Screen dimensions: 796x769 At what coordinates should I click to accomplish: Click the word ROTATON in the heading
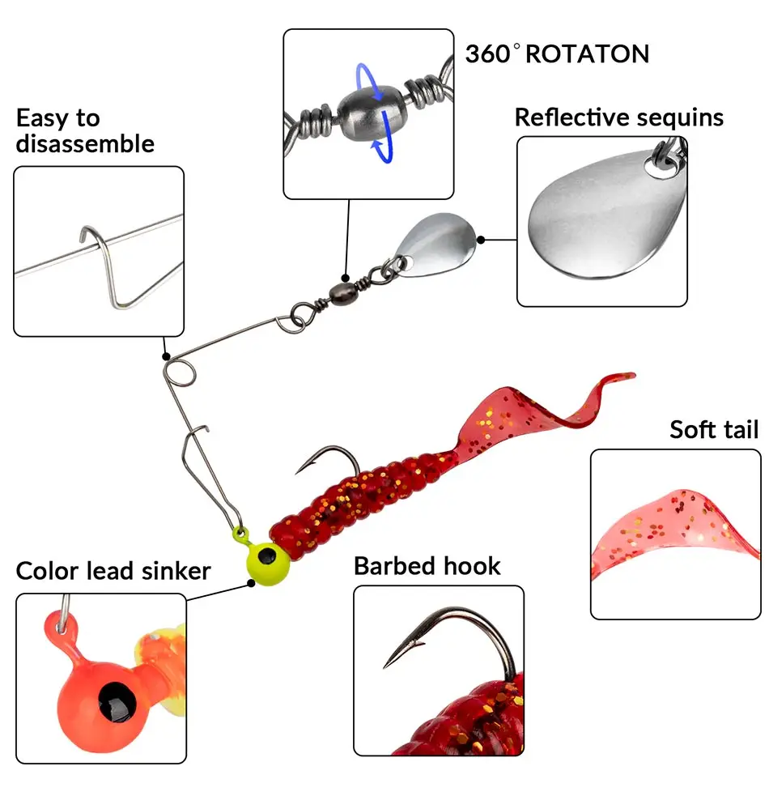(x=587, y=54)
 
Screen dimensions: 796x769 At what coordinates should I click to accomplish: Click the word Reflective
(x=571, y=117)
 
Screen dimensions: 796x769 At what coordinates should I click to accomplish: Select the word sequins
(x=680, y=119)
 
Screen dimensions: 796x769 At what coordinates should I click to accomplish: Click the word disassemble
(x=85, y=144)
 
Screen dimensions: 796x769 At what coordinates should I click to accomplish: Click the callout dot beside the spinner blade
(x=482, y=240)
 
